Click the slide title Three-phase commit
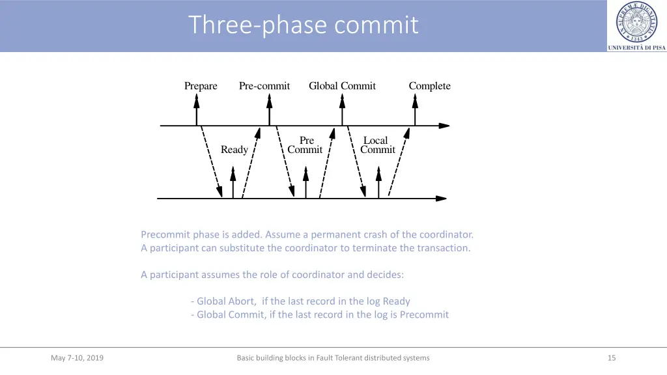(304, 25)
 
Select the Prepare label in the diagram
(201, 86)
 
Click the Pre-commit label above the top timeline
(264, 86)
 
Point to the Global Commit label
(342, 86)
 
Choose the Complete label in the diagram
(429, 86)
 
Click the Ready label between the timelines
(234, 150)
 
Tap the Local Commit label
(377, 145)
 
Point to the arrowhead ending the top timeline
(444, 126)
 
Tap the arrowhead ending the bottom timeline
(441, 198)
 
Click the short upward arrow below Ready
(233, 182)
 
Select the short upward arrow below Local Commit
(378, 182)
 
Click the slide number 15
(612, 357)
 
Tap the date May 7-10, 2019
(77, 357)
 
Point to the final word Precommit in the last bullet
(424, 314)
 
